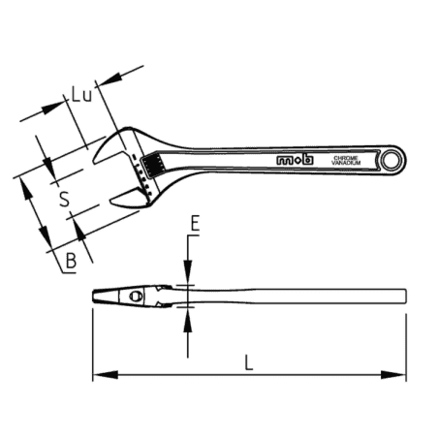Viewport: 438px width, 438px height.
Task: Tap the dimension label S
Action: (x=63, y=200)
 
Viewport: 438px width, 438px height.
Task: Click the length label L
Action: (x=249, y=364)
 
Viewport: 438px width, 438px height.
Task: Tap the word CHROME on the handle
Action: (x=346, y=155)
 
